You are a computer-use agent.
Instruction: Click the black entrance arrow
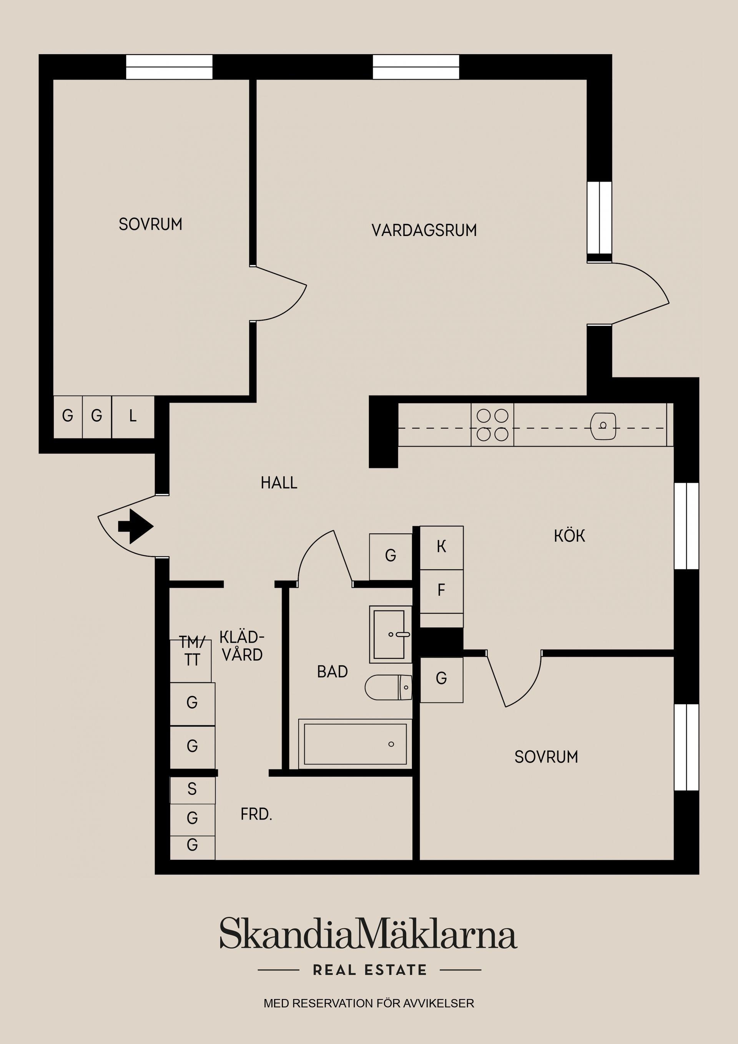tap(136, 526)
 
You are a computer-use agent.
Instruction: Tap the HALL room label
tap(279, 482)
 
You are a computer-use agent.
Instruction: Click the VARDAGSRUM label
tap(424, 230)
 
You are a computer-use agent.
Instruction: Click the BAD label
tap(332, 672)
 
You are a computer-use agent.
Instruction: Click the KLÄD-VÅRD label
tap(241, 646)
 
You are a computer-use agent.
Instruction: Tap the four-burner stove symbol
tap(492, 425)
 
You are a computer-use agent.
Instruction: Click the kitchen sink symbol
tap(603, 426)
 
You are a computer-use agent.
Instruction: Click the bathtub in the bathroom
tap(355, 744)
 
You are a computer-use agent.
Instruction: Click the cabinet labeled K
tap(441, 547)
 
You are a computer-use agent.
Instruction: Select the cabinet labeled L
tap(133, 416)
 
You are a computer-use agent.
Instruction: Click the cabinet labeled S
tap(192, 789)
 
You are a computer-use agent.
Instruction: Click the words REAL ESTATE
tap(370, 970)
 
